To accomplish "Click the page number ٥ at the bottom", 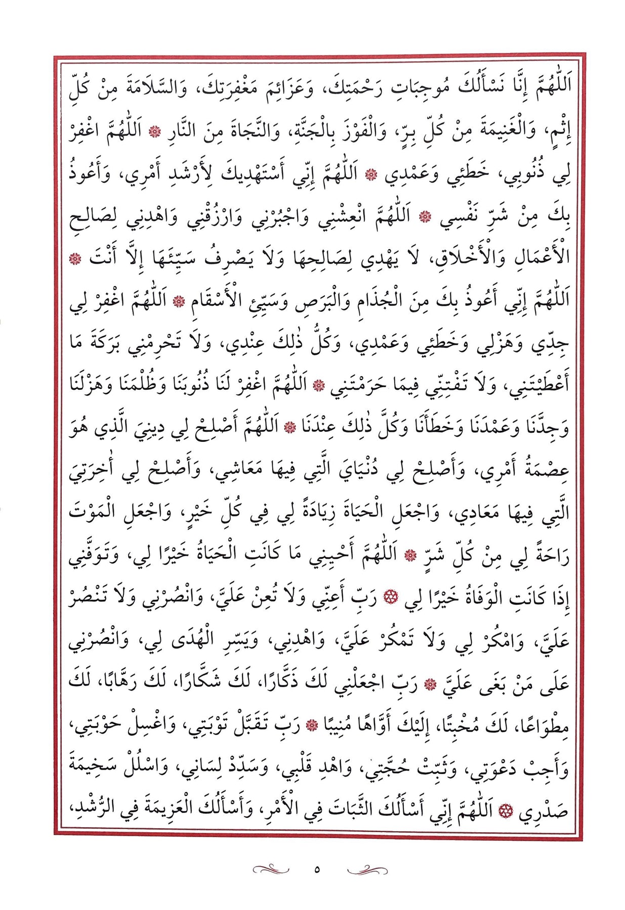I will pyautogui.click(x=317, y=870).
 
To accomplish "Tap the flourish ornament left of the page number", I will pyautogui.click(x=271, y=870).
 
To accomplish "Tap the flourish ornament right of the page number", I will pyautogui.click(x=367, y=870).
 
